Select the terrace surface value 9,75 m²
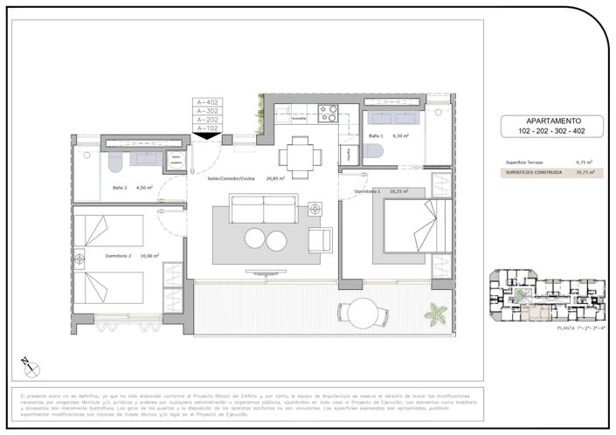pyautogui.click(x=585, y=162)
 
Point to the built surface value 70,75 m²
pyautogui.click(x=584, y=173)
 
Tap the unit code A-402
pyautogui.click(x=207, y=102)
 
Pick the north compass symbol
pyautogui.click(x=25, y=363)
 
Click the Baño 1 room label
pyautogui.click(x=377, y=136)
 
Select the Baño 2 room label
pyautogui.click(x=120, y=186)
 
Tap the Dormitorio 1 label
pyautogui.click(x=366, y=190)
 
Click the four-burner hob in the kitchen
pyautogui.click(x=328, y=113)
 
